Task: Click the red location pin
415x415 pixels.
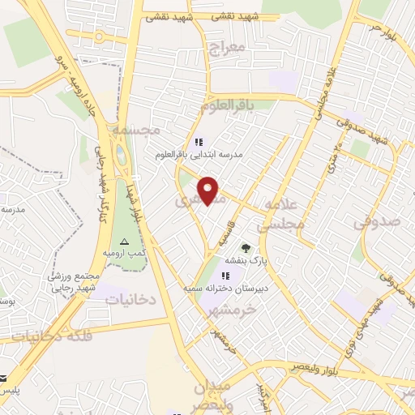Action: click(x=208, y=190)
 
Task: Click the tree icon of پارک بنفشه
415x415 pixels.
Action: click(x=246, y=248)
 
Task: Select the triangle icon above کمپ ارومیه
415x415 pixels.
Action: click(x=124, y=242)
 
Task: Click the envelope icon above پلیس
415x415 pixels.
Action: click(x=4, y=379)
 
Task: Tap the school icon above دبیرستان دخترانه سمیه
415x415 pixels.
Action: click(x=226, y=276)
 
